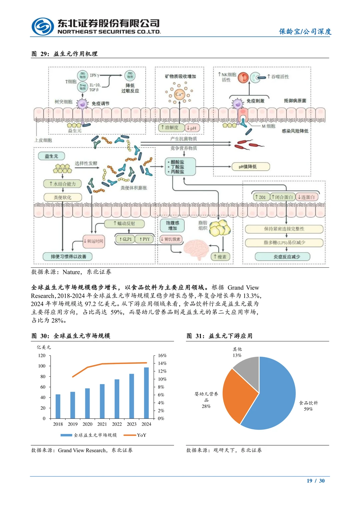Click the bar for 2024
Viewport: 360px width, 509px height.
coord(146,393)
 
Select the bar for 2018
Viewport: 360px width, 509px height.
coord(58,406)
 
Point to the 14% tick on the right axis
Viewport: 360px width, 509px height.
coord(162,363)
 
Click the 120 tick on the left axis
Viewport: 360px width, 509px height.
coord(42,356)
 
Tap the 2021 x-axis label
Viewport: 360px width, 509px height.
coord(102,424)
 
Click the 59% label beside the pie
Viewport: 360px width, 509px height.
coord(308,409)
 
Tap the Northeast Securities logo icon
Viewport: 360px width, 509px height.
coord(43,26)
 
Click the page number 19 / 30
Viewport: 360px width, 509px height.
coord(316,481)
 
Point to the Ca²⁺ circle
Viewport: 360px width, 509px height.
coord(179,94)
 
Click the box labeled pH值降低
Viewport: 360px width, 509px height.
coord(250,167)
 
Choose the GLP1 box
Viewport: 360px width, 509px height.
coord(125,239)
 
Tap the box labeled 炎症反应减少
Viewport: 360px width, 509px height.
coord(283,257)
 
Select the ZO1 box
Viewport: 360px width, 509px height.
coord(260,197)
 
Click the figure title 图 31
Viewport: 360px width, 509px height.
coord(219,336)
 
